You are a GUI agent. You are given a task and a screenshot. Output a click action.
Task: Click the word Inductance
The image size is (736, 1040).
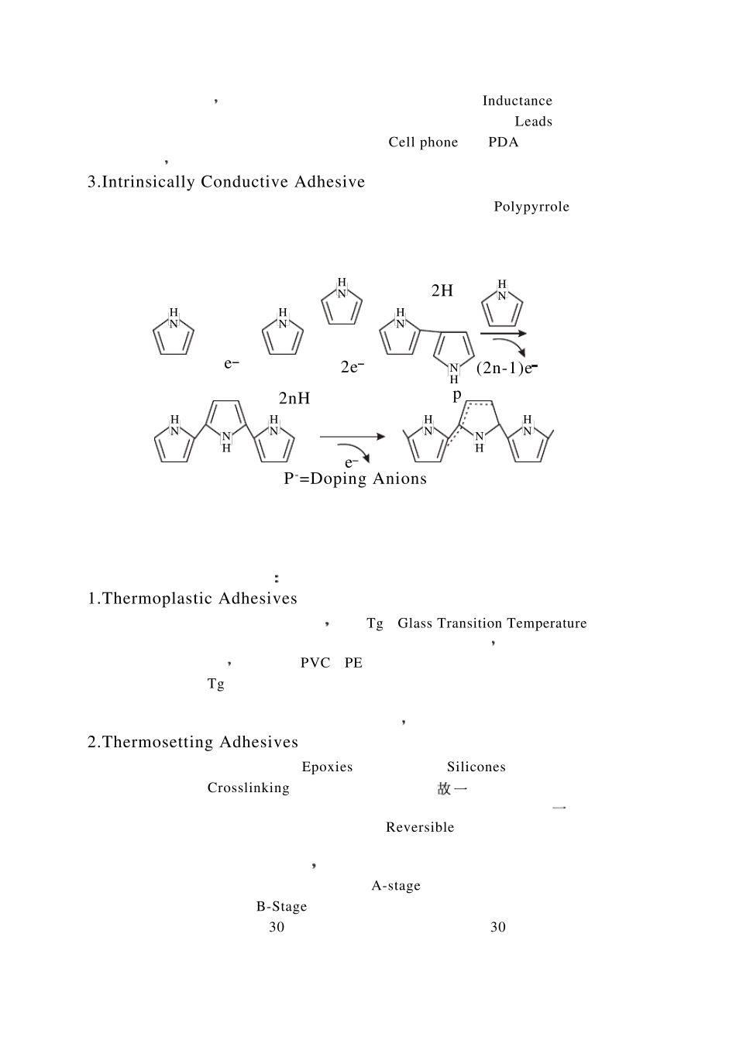point(517,101)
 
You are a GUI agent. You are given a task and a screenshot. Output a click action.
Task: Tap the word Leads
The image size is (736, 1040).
point(533,122)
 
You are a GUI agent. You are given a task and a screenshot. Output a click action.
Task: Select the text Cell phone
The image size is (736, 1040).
point(423,142)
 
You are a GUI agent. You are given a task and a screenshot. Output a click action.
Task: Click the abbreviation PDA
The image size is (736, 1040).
point(504,142)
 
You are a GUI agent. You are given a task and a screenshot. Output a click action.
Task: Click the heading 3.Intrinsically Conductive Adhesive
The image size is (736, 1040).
point(226,182)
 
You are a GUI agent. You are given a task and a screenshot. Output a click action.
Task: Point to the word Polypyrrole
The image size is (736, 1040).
point(531,207)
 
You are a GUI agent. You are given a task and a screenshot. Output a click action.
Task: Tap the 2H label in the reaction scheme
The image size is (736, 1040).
point(442,290)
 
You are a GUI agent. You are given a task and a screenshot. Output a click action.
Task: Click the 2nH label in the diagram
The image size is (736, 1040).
point(294,398)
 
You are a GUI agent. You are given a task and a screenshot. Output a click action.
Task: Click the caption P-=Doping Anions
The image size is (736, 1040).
point(355,479)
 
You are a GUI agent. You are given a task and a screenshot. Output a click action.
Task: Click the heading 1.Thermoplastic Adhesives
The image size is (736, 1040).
point(192,599)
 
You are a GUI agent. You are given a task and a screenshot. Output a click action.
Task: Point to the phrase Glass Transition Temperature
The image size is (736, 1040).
point(492,623)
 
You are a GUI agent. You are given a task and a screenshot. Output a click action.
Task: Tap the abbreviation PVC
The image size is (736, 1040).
point(315,663)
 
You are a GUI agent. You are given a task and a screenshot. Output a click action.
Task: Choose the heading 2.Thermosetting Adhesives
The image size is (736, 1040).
point(193,742)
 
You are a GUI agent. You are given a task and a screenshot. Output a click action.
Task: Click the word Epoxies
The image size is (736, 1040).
point(327,767)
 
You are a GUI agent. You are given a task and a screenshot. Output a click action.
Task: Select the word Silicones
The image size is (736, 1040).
point(476,767)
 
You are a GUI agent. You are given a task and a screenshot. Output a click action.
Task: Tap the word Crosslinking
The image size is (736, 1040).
point(248,788)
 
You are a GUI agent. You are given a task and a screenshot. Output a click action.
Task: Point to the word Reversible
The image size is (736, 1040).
point(420,827)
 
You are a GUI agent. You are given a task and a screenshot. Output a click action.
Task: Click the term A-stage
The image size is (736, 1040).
point(396,885)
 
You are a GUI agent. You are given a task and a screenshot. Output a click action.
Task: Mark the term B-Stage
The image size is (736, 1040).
point(281,906)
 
